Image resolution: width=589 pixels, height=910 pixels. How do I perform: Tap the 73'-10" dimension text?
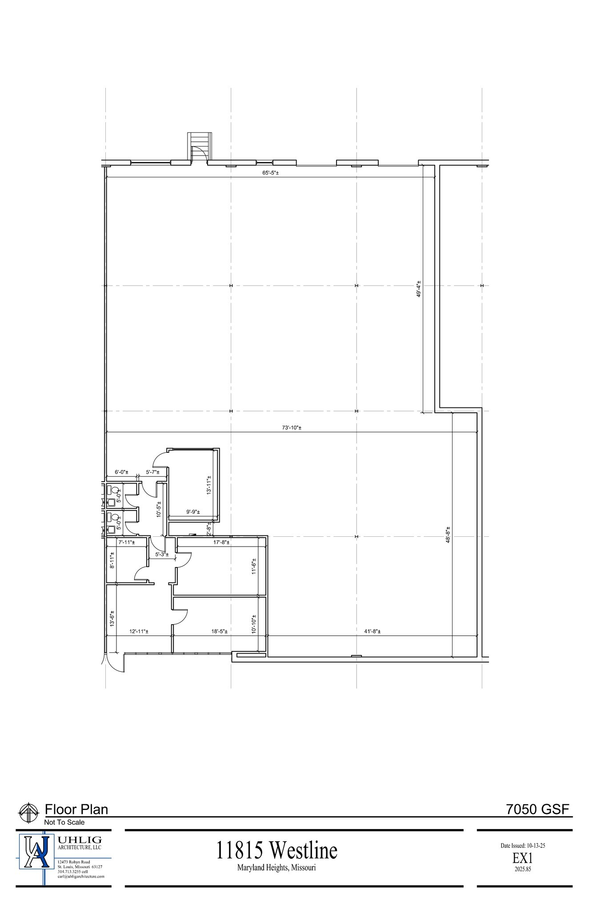pos(292,428)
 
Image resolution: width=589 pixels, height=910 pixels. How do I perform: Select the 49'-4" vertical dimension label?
pos(419,289)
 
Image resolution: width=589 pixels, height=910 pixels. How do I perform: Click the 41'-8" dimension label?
pos(372,631)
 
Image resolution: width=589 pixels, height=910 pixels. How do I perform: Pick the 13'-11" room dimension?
pos(208,485)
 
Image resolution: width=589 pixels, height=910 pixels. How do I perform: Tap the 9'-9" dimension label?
pos(193,512)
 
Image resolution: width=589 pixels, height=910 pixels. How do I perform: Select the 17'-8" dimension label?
pos(222,542)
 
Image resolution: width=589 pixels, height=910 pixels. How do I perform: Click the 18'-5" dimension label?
pos(220,631)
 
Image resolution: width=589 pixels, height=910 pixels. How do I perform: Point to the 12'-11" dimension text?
pos(139,631)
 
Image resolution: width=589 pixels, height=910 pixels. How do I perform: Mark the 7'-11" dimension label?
pos(127,542)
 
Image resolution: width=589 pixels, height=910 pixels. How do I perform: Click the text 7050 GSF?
pos(537,809)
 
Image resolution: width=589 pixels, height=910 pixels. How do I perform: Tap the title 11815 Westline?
pos(277,851)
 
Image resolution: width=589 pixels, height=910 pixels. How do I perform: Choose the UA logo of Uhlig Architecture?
pos(36,851)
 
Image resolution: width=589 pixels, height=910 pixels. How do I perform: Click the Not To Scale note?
pos(64,822)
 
